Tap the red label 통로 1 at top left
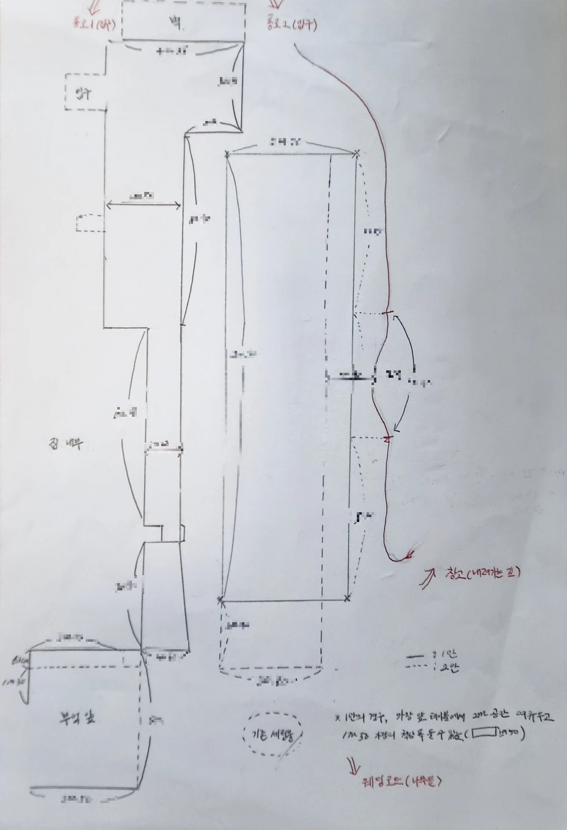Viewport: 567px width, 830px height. [x=91, y=24]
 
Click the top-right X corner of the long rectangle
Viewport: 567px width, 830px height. [x=357, y=153]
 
